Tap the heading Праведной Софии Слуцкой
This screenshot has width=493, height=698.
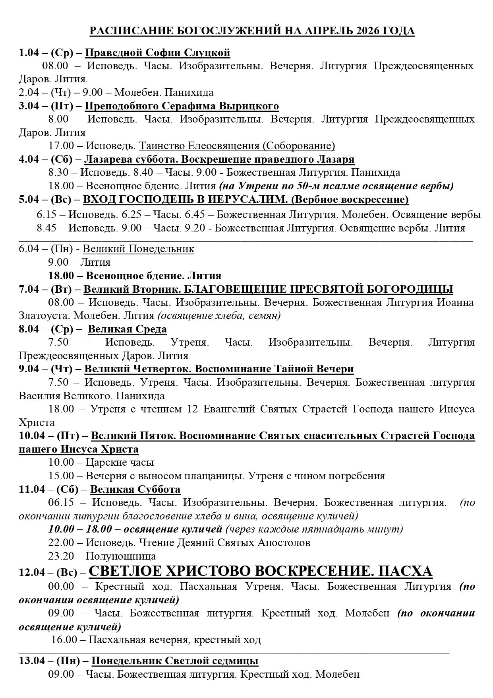[x=158, y=53]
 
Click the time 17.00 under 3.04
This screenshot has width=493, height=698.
[x=60, y=146]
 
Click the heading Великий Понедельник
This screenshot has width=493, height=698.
[x=138, y=249]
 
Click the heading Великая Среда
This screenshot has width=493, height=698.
[x=127, y=329]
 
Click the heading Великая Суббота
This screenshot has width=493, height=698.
[x=135, y=489]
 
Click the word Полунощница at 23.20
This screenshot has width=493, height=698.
[x=121, y=556]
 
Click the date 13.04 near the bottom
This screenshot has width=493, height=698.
[x=32, y=661]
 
